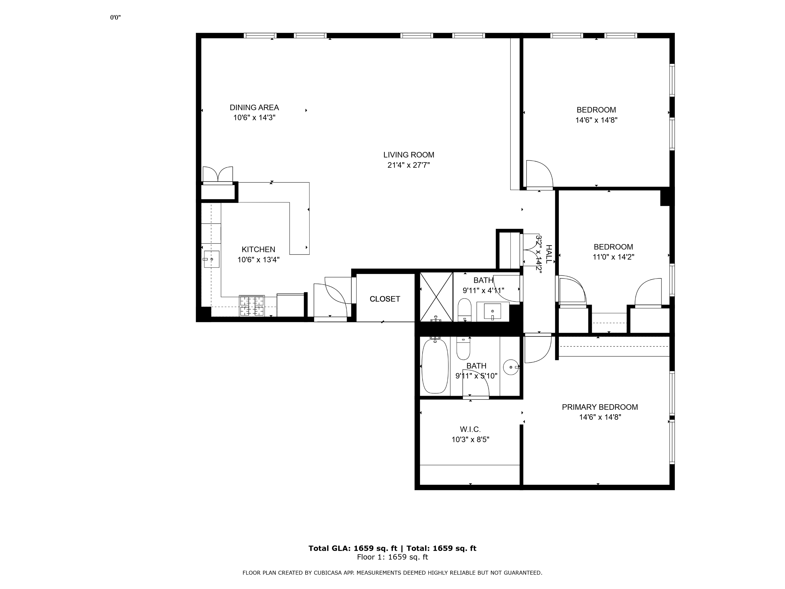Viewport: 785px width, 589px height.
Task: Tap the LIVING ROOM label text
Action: point(409,155)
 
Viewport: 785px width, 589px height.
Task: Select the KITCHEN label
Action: point(258,249)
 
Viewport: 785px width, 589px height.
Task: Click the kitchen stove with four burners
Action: point(252,306)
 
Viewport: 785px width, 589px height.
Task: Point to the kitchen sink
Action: point(212,259)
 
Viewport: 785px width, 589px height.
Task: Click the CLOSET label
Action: point(385,299)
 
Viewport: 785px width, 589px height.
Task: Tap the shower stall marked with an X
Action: point(436,297)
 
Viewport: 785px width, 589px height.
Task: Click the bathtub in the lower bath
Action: point(435,366)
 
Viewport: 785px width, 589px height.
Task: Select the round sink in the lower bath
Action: point(511,367)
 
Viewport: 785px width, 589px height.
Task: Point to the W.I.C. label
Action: point(470,429)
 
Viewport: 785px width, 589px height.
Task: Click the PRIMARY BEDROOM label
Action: point(600,407)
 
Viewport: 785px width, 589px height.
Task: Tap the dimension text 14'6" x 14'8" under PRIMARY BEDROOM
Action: point(600,417)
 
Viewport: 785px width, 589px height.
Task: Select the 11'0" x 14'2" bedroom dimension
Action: point(613,257)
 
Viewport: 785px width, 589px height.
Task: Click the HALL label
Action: point(549,254)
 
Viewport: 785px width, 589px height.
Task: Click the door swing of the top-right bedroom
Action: point(540,174)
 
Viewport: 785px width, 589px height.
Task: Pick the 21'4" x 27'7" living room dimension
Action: point(409,165)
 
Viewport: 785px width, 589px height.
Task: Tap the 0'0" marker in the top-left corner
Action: point(115,17)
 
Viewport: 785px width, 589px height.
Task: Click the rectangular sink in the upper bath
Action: point(493,311)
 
